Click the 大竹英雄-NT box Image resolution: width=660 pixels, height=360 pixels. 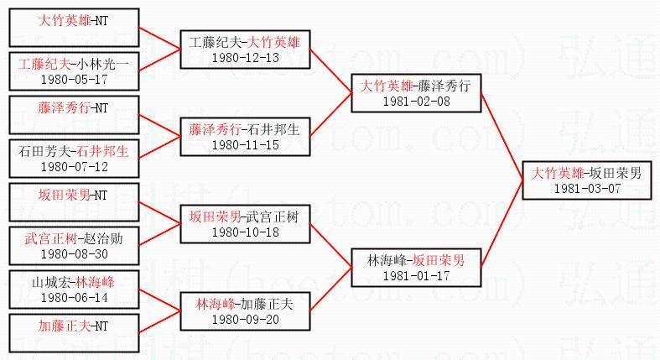coord(73,27)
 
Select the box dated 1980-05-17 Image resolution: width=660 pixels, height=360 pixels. coord(73,70)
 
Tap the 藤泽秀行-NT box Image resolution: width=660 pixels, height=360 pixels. coord(73,115)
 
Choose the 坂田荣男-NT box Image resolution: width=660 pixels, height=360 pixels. coord(73,202)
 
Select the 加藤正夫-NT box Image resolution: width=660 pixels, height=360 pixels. coord(73,333)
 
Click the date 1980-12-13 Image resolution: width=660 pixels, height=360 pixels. coord(244,57)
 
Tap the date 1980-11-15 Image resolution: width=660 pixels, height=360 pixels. coord(244,144)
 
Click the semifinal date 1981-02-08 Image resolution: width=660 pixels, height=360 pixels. coord(416,101)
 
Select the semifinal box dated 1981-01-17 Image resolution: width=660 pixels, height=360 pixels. coord(416,268)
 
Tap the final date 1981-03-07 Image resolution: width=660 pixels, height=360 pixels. coord(586,188)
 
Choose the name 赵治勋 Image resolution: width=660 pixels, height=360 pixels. coord(105,238)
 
